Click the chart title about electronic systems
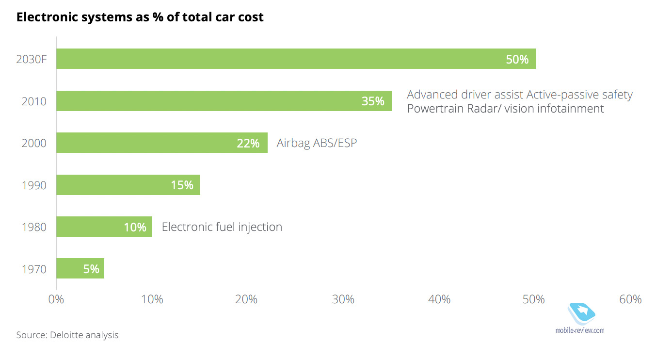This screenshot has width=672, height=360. point(140,17)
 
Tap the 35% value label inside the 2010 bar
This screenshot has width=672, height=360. point(373,101)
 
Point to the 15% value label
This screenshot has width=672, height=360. point(182,185)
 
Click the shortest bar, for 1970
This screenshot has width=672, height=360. point(80,269)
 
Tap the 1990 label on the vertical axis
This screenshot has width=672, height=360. point(34,185)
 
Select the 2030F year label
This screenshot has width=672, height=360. point(31,60)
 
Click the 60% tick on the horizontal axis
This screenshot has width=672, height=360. point(630,299)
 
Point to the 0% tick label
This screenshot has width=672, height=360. point(56,299)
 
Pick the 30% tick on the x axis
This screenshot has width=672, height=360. point(343,299)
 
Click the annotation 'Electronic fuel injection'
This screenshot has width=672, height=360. point(222,227)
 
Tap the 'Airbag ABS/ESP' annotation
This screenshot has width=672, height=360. point(317,143)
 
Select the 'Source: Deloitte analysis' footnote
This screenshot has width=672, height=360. point(67,335)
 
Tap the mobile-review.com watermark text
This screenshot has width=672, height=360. point(580,330)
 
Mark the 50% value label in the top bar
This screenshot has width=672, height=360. point(517,60)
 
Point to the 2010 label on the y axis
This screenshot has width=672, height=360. point(34,101)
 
